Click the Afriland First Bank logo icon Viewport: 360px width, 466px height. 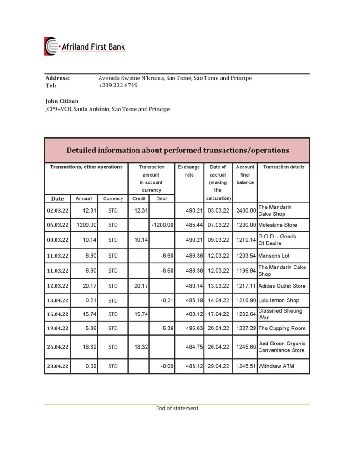pyautogui.click(x=51, y=46)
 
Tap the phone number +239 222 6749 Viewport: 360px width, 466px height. pyautogui.click(x=118, y=86)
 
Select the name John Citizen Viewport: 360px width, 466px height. pyautogui.click(x=62, y=101)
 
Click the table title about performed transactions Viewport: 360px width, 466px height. pyautogui.click(x=177, y=150)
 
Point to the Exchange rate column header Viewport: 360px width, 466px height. pyautogui.click(x=188, y=171)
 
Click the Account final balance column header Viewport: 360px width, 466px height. pyautogui.click(x=245, y=174)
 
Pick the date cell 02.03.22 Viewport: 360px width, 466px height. pyautogui.click(x=57, y=211)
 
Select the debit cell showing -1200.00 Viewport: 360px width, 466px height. pyautogui.click(x=162, y=225)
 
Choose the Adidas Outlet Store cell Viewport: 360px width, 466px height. pyautogui.click(x=281, y=286)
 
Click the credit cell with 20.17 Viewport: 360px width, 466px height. pyautogui.click(x=138, y=286)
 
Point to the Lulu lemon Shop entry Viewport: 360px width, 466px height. pyautogui.click(x=279, y=300)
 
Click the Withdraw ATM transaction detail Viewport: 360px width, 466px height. pyautogui.click(x=276, y=366)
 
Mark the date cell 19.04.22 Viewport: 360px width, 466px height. pyautogui.click(x=57, y=329)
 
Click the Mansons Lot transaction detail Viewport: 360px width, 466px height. pyautogui.click(x=274, y=256)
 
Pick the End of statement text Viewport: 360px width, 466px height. pyautogui.click(x=177, y=408)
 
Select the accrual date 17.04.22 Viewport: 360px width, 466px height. pyautogui.click(x=218, y=314)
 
